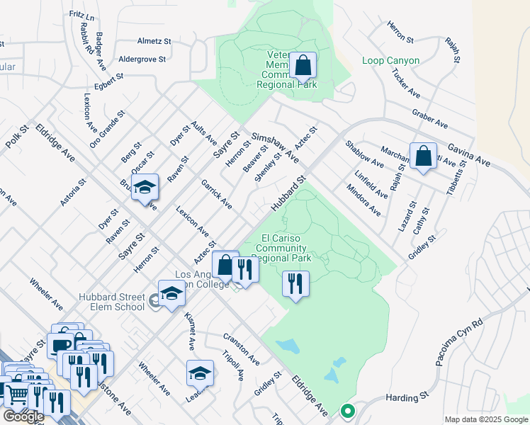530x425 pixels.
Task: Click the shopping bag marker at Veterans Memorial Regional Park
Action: tap(303, 65)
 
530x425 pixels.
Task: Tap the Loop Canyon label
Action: tap(390, 61)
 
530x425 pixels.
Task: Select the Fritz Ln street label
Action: tap(82, 13)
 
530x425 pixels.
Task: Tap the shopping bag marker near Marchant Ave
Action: tap(423, 157)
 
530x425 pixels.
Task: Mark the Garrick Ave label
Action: tap(216, 194)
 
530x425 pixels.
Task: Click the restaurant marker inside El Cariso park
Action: tap(295, 284)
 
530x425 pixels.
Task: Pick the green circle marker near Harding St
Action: tap(347, 410)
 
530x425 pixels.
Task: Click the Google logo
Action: tap(23, 416)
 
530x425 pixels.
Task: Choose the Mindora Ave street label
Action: tap(364, 200)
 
